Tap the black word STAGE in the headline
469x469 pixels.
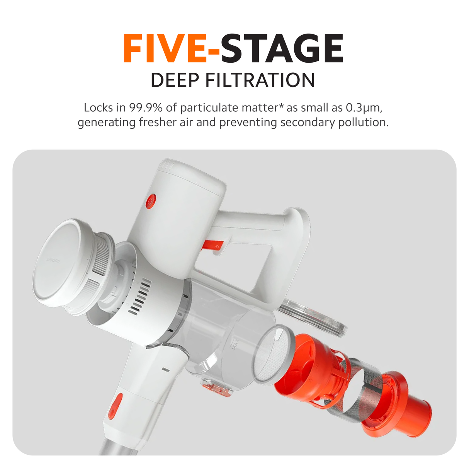point(282,48)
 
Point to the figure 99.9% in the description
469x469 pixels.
point(146,107)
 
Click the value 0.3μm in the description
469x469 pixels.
point(364,108)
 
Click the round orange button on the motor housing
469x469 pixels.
point(151,201)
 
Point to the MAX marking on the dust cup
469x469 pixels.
point(235,344)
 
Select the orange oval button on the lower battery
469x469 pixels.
point(115,406)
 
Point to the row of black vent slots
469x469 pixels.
point(139,296)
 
